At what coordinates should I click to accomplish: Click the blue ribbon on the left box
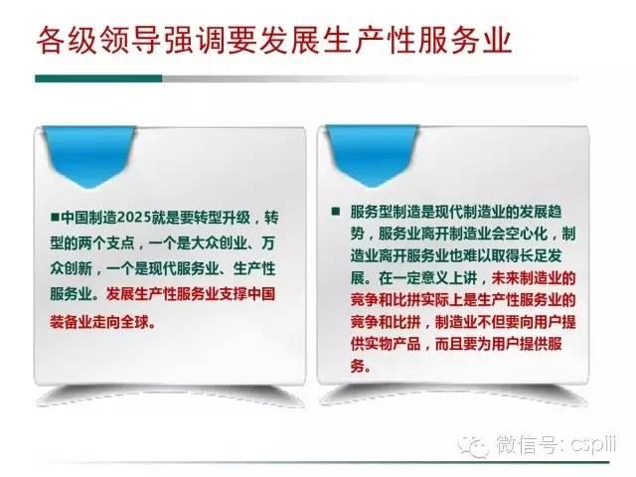tap(89, 155)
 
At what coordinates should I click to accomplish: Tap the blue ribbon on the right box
tap(373, 155)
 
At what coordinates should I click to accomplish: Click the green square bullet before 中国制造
tap(55, 218)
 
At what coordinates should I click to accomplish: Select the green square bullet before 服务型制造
tap(336, 212)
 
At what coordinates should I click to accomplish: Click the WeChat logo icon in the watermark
tap(472, 446)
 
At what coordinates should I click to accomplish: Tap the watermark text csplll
tap(593, 444)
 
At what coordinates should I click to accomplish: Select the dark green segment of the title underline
tap(98, 79)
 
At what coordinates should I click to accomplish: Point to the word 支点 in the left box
tap(121, 242)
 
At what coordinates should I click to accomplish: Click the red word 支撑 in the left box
tap(234, 293)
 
